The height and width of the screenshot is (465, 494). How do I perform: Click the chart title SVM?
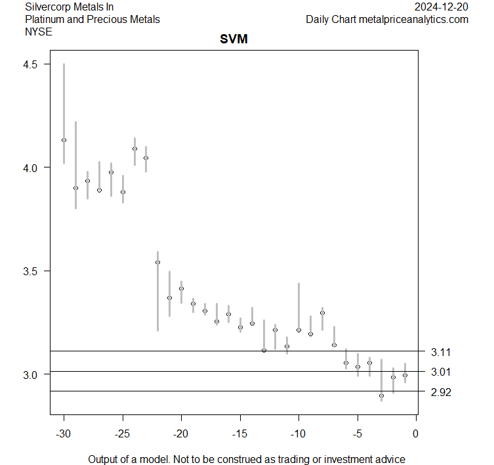tap(233, 41)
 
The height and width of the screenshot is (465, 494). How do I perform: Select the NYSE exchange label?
tap(37, 32)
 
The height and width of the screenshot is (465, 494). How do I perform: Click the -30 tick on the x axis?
tap(64, 433)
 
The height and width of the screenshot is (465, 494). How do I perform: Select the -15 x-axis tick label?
tap(240, 433)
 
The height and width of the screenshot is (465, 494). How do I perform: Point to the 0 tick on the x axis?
tap(416, 433)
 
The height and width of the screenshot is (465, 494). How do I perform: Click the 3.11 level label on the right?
tap(441, 353)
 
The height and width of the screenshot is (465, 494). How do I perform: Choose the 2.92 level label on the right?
tap(441, 392)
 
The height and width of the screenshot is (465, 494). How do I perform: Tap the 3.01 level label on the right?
tap(441, 372)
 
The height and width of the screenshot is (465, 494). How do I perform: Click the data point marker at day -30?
tap(64, 140)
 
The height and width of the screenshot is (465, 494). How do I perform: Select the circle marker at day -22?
tap(157, 263)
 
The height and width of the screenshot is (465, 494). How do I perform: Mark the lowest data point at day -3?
tap(381, 395)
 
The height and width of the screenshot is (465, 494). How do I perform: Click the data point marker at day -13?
tap(264, 350)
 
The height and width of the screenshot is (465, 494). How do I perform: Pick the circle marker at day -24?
tap(134, 148)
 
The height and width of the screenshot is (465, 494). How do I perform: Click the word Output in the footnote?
tap(104, 459)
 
